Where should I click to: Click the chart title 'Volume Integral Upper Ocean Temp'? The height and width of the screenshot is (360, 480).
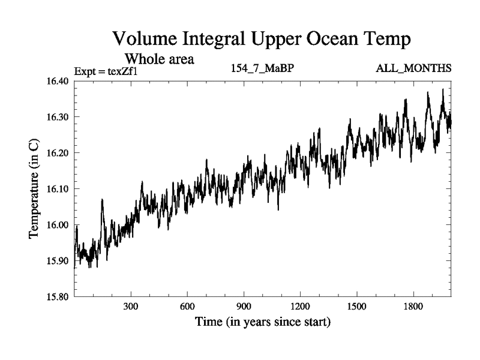[262, 40]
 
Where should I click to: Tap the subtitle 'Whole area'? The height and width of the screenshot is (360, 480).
[159, 59]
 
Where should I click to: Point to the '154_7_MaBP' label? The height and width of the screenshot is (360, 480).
[262, 68]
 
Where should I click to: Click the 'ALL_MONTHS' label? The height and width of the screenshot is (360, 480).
[413, 68]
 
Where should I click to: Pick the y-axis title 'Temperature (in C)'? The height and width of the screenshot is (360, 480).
[34, 188]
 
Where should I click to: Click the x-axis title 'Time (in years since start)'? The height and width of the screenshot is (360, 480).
[262, 322]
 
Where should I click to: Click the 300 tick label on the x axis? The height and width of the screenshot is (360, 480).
[131, 306]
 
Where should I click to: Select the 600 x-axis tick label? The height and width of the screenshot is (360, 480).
[187, 306]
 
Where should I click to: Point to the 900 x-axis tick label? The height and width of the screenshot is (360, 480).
[244, 306]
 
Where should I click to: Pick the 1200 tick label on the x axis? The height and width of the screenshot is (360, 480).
[300, 306]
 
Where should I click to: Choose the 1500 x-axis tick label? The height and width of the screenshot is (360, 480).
[356, 306]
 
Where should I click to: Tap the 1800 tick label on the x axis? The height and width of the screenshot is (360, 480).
[413, 306]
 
